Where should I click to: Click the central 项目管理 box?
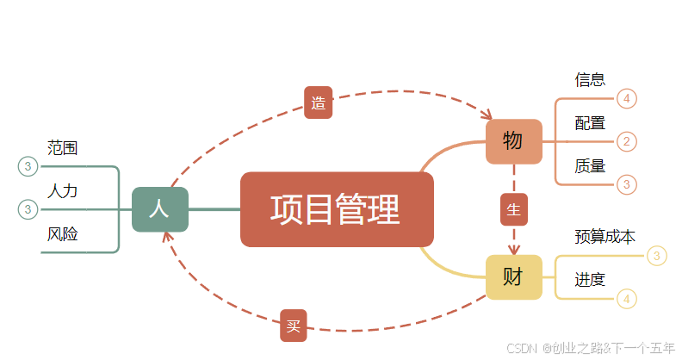pos(337,209)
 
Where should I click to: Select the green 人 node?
pos(159,209)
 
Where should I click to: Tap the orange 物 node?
pos(513,141)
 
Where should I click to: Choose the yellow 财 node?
pos(513,277)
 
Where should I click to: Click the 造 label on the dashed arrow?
pos(318,102)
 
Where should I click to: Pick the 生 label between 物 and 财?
pos(514,209)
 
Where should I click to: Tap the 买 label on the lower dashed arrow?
pos(294,326)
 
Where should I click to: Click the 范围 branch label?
pos(63,148)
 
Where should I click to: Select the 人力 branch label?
pos(63,190)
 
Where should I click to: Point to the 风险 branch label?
pos(63,233)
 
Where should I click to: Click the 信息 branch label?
pos(590,80)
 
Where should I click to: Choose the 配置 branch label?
pos(590,123)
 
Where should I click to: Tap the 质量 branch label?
pos(590,166)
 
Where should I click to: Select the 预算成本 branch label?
pos(604,236)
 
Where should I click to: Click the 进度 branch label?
pos(590,279)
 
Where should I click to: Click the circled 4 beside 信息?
pos(627,99)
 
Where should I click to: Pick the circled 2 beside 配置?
pos(627,141)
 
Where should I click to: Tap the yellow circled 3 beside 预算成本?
pos(657,256)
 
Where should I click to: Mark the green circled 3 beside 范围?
pos(28,166)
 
